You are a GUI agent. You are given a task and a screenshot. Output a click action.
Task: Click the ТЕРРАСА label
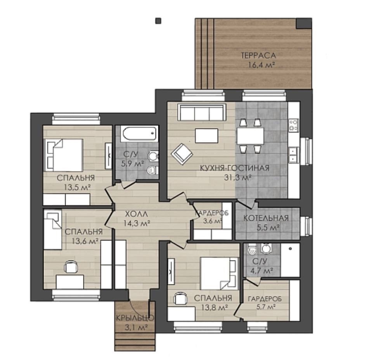coord(258,56)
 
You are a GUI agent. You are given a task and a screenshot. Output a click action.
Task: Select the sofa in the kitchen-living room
coord(202,112)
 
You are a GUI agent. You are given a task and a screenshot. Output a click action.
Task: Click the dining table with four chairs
coord(250,136)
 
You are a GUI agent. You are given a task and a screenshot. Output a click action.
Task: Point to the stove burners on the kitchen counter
coord(293,125)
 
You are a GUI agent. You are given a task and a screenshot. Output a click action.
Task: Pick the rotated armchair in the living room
coord(182,154)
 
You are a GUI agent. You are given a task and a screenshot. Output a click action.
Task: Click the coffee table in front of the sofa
coord(207,136)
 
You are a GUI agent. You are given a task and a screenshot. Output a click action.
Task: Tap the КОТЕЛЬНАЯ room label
coord(266,218)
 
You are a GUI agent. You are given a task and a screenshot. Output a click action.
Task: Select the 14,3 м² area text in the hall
coord(137,223)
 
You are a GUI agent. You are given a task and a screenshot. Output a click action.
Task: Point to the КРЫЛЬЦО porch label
coord(135,318)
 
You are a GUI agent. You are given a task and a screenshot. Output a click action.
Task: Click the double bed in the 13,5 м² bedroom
coord(64,155)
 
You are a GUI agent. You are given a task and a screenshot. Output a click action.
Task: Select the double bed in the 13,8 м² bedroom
coord(219,273)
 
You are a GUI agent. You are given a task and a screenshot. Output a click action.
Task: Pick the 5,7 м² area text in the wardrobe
coord(265,307)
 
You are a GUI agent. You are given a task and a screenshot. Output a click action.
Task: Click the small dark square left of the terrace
coord(158,21)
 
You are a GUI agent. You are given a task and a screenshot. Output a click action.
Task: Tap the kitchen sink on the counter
coord(293,155)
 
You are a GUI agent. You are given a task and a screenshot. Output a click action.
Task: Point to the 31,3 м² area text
coord(238,178)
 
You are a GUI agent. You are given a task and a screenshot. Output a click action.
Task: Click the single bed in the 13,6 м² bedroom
coord(53,230)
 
